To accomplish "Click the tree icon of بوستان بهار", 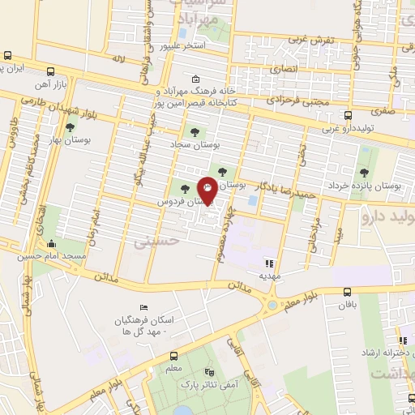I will [x=71, y=126].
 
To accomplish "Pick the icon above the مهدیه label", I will [x=269, y=263].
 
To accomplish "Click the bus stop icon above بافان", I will [x=348, y=293].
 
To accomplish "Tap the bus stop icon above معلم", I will [x=173, y=357].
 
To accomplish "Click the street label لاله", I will [x=119, y=59].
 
